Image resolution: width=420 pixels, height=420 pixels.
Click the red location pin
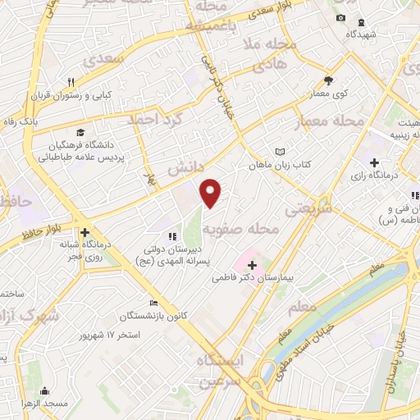pos(211,194)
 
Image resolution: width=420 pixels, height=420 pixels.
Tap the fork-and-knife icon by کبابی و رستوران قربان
pos(71,82)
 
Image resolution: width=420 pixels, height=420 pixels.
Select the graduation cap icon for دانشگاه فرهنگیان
pos(80,132)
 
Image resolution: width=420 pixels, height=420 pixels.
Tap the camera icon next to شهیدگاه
pos(340,18)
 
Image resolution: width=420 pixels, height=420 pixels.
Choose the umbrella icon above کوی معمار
pos(329,80)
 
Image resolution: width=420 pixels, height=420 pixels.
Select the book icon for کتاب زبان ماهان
pos(281,152)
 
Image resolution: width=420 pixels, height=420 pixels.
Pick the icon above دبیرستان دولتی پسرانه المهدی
pos(173,237)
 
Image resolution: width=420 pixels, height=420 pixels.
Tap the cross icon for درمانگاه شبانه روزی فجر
pos(84,232)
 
